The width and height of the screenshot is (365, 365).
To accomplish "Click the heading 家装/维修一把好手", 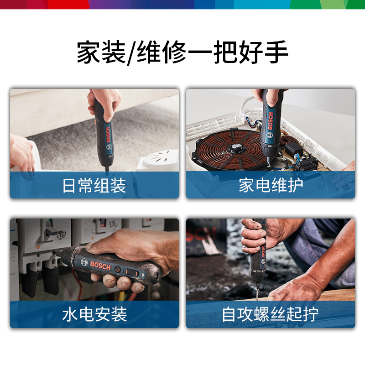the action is tap(182, 52).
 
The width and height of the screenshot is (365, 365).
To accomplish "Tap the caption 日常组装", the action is tap(94, 186).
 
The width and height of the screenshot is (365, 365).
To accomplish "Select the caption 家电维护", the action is tap(271, 186).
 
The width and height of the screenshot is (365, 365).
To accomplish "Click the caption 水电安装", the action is tap(94, 314).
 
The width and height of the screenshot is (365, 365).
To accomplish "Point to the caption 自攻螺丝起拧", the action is tap(270, 314).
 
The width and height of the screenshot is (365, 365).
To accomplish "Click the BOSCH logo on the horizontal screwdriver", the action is tap(100, 266).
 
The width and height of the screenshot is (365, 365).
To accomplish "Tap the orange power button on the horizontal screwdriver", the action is tap(118, 270).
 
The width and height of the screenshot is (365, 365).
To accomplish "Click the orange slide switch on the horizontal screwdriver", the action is tap(132, 272).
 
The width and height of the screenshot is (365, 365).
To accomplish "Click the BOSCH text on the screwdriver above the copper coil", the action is tap(271, 121).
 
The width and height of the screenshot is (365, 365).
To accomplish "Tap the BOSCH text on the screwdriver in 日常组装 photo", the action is tap(108, 135).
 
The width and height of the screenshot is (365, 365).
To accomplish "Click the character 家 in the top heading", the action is tap(88, 52).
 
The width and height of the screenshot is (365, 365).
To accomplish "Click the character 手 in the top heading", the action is tap(276, 52).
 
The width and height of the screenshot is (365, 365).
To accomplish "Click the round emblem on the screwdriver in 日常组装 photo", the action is tap(109, 147).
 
